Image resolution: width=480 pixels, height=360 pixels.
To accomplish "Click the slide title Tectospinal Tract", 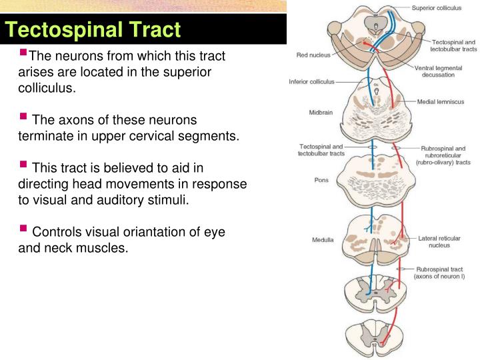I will (93, 30).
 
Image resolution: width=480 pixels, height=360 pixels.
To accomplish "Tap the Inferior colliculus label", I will (311, 83).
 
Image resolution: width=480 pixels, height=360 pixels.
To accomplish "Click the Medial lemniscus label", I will (441, 101).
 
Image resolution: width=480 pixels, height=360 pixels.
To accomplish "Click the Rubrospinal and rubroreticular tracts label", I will (443, 155).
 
